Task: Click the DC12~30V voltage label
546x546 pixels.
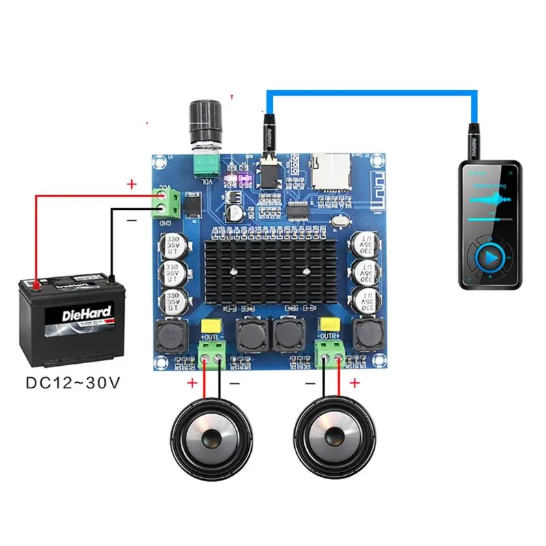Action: click(73, 382)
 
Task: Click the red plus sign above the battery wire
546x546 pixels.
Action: click(132, 184)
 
